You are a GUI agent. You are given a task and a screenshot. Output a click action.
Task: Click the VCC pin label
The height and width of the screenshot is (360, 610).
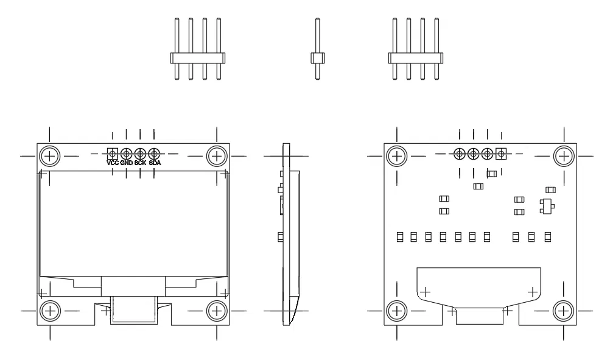point(113,163)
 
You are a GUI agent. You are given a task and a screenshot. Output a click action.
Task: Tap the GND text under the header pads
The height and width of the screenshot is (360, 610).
point(127,163)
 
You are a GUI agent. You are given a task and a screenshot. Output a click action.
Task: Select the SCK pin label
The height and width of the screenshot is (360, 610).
point(140,163)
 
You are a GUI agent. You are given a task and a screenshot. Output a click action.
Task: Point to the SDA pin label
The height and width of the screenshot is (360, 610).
point(154,163)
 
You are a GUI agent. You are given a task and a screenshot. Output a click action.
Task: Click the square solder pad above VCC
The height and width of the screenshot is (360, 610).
point(113,154)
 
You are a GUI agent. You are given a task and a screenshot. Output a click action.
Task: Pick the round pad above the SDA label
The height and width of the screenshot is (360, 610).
point(154,154)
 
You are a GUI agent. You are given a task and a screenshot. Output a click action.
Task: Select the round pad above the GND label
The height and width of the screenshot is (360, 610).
point(127,154)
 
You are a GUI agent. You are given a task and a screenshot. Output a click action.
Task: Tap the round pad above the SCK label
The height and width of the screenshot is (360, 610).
point(140,154)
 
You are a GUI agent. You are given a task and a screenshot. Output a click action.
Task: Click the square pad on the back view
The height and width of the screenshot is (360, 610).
point(502,154)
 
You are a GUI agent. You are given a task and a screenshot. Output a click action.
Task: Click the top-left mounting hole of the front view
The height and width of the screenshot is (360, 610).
point(50,156)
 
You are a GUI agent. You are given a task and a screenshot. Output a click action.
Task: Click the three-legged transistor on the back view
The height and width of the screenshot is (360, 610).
point(546,206)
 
